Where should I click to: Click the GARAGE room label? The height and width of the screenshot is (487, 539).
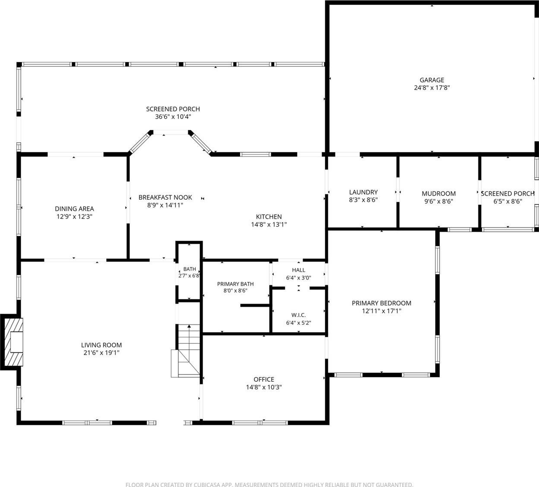(432, 80)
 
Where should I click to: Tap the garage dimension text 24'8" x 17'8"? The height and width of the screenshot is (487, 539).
(432, 88)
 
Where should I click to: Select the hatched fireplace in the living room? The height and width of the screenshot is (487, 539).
(14, 342)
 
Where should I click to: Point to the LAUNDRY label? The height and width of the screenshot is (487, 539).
(363, 192)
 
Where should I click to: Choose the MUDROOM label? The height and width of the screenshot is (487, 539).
(439, 193)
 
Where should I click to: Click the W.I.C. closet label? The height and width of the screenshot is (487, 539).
(298, 315)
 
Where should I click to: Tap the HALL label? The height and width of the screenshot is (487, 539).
(298, 270)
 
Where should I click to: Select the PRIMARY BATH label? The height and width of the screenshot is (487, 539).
(235, 284)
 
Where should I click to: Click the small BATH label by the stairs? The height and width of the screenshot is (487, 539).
(190, 269)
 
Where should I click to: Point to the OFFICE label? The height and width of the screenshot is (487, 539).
(264, 380)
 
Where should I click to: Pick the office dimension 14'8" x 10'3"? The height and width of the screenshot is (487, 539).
(264, 387)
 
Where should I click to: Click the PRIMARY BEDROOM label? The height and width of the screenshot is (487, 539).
(382, 303)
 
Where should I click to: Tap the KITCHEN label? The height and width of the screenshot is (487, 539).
(269, 217)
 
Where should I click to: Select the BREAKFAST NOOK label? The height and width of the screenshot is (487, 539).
(165, 198)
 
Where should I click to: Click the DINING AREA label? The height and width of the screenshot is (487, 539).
(75, 209)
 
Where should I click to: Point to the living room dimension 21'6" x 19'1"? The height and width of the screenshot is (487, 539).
(101, 352)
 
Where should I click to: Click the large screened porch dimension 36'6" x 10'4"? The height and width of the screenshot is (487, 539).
(173, 117)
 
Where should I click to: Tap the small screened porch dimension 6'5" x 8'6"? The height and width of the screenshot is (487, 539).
(508, 201)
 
